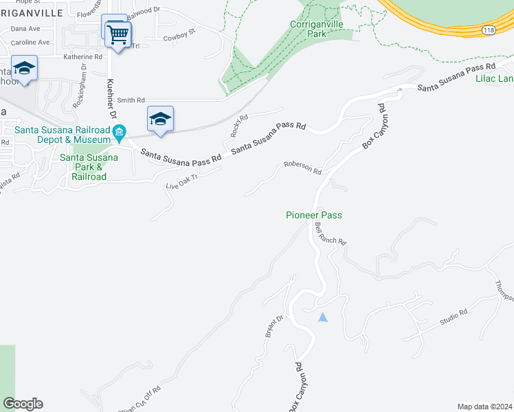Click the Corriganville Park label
(317, 28)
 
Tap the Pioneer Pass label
(313, 215)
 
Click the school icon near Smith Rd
(160, 119)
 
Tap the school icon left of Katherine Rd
(24, 68)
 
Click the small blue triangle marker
(323, 317)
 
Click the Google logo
(23, 404)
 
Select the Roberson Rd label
(302, 168)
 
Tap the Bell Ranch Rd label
(330, 234)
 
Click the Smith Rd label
(131, 100)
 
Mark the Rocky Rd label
(239, 124)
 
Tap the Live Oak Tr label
(181, 182)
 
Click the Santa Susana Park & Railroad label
(89, 167)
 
